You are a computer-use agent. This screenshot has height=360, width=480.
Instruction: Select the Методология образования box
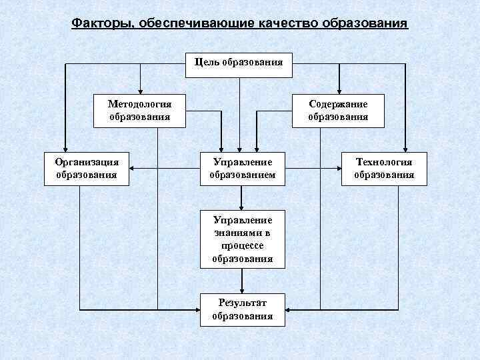pos(140,110)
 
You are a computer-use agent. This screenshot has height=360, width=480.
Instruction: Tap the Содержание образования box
pos(338,110)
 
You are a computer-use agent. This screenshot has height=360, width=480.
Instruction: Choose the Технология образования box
pos(384,169)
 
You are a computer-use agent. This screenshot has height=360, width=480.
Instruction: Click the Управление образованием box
pos(243,169)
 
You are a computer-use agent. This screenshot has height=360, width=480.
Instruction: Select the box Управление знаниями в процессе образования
pos(243,239)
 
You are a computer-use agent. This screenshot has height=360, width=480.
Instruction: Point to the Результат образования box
pos(243,309)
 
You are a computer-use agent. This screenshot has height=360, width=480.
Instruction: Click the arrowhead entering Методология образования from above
pos(140,91)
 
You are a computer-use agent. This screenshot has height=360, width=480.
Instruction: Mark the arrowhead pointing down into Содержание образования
pos(338,91)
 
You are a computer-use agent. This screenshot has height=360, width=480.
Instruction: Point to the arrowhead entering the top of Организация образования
pos(65,149)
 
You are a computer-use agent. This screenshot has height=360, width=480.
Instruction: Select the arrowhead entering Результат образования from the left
pos(197,310)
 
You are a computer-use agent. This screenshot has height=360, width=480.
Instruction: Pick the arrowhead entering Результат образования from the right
pos(288,310)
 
